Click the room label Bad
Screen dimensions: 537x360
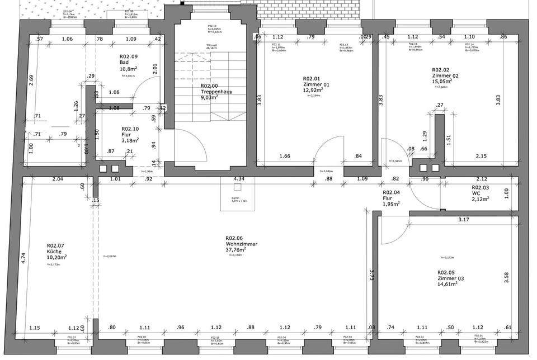coord(124,62)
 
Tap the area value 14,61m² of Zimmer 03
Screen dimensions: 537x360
coord(447,284)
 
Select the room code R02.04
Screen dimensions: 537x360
coord(391,192)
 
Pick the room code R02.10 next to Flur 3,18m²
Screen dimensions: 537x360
coord(130,128)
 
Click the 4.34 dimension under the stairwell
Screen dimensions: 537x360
coord(239,179)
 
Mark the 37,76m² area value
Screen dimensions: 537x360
coord(236,250)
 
